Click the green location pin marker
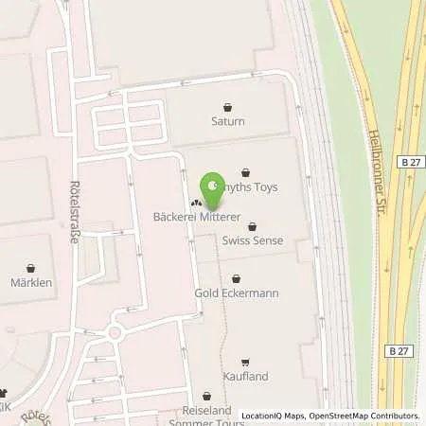tap(213, 187)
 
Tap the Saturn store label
tap(227, 121)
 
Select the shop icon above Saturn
tap(227, 107)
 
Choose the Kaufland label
tap(245, 376)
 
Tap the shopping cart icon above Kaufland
tap(245, 362)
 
